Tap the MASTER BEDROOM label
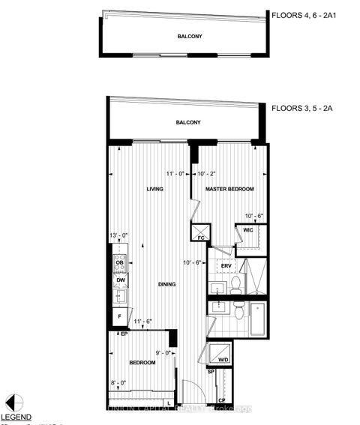click(230, 189)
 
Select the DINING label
click(167, 284)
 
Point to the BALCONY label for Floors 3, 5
click(187, 121)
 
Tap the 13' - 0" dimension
click(119, 236)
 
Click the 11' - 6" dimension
click(144, 322)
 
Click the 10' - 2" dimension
click(211, 174)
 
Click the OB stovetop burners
click(119, 262)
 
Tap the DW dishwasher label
click(120, 280)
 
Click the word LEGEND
click(16, 417)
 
